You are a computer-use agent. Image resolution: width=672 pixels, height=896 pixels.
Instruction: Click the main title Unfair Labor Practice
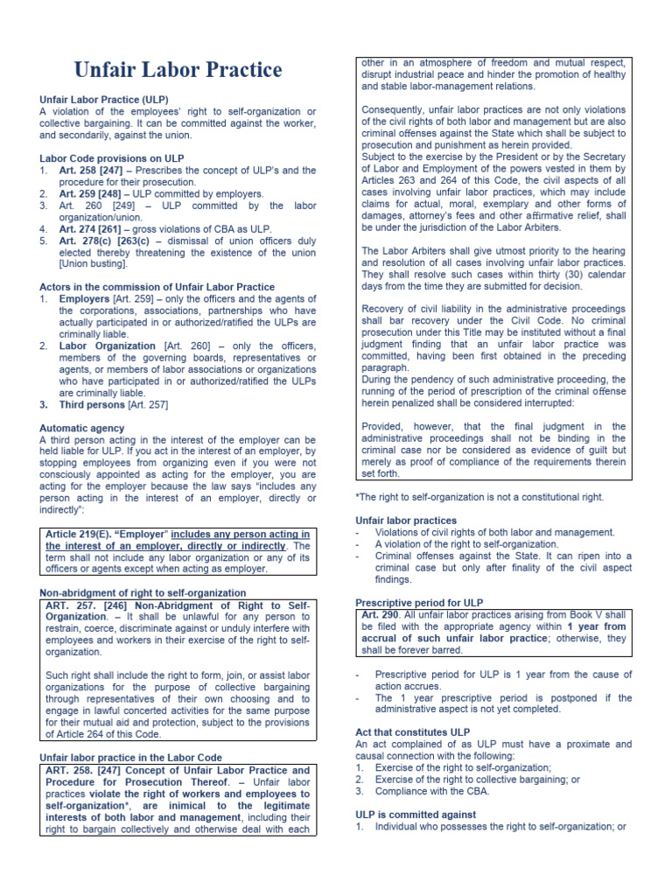click(178, 70)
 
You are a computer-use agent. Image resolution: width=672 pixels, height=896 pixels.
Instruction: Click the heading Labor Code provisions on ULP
click(111, 158)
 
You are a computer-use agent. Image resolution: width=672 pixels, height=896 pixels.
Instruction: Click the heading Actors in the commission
click(157, 287)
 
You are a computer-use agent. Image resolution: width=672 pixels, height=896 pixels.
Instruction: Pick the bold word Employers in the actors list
click(84, 299)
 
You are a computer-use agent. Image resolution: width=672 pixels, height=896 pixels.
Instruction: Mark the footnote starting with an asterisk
click(479, 497)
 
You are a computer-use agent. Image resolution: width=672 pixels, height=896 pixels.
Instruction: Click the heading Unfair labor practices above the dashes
click(405, 520)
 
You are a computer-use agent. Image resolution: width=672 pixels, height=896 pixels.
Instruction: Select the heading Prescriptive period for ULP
click(419, 603)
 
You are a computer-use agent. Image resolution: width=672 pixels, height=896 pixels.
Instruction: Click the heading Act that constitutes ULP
click(412, 731)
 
